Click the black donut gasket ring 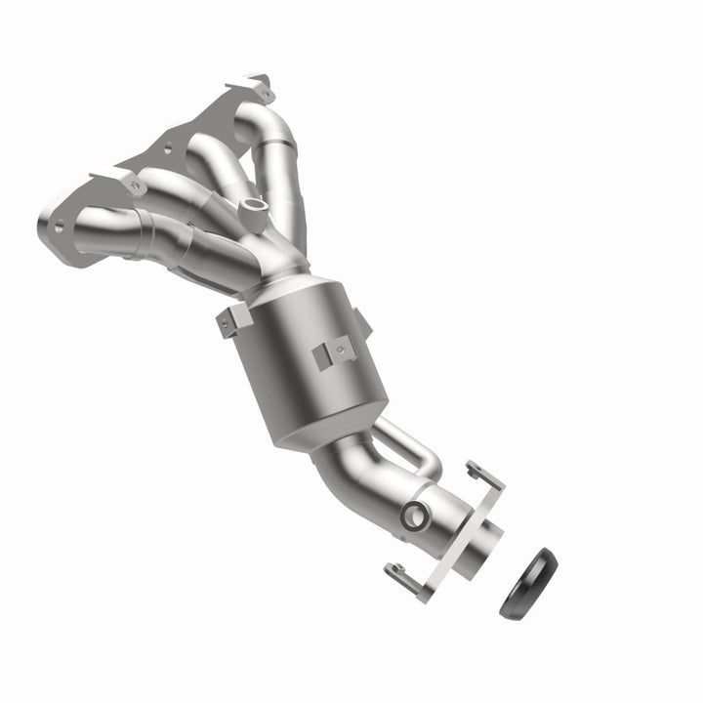point(527,584)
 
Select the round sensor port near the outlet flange point(413,517)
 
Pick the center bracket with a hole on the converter point(335,351)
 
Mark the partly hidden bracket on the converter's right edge point(361,320)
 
